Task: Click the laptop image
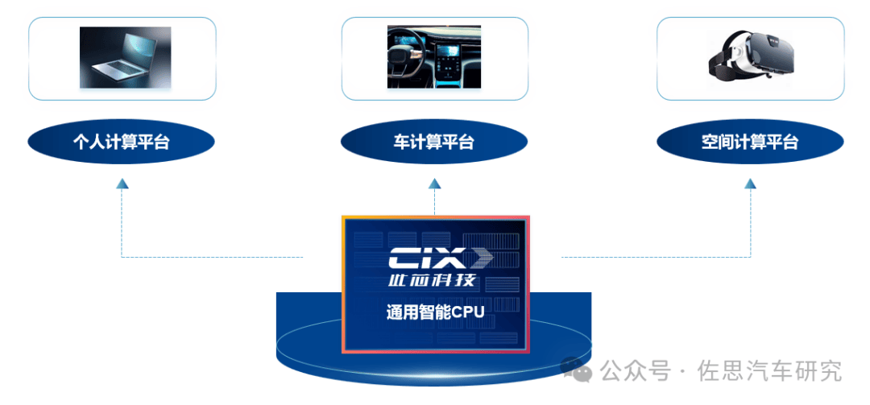[x=125, y=57]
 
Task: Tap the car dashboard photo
[x=434, y=57]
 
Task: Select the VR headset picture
[x=751, y=57]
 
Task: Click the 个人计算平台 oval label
[x=122, y=143]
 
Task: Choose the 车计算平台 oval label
[x=434, y=143]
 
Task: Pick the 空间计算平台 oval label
[x=750, y=143]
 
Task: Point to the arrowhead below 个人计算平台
[x=122, y=184]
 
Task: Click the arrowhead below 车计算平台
[x=434, y=184]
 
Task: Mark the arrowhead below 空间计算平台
[x=750, y=184]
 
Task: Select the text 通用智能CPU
[x=434, y=312]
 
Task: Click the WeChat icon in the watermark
[x=578, y=370]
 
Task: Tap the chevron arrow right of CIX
[x=481, y=259]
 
